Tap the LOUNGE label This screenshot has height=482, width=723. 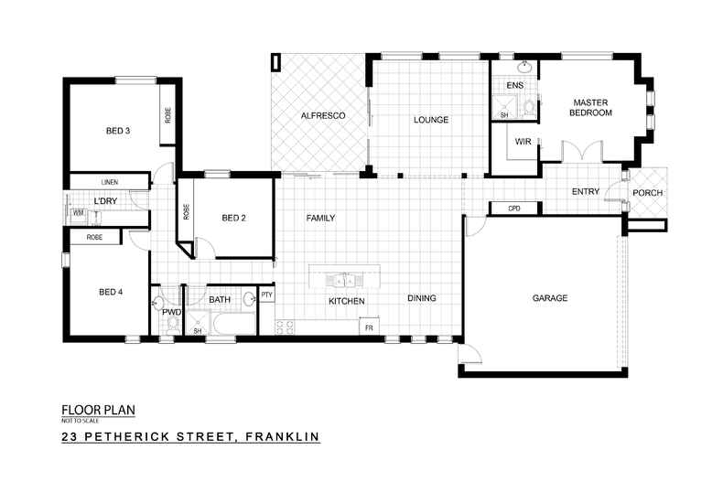tap(429, 119)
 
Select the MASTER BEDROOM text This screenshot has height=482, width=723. tap(592, 107)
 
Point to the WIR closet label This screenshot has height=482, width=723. tap(523, 142)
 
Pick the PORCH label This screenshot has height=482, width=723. tap(647, 193)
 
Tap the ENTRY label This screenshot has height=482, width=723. tap(585, 192)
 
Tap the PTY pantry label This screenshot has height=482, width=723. tap(267, 295)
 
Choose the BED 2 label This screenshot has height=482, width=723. tap(235, 218)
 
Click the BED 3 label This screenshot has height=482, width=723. tap(118, 131)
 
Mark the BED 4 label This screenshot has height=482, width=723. tap(111, 293)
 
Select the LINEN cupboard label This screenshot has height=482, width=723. tap(110, 182)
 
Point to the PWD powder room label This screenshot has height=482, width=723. tap(171, 313)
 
